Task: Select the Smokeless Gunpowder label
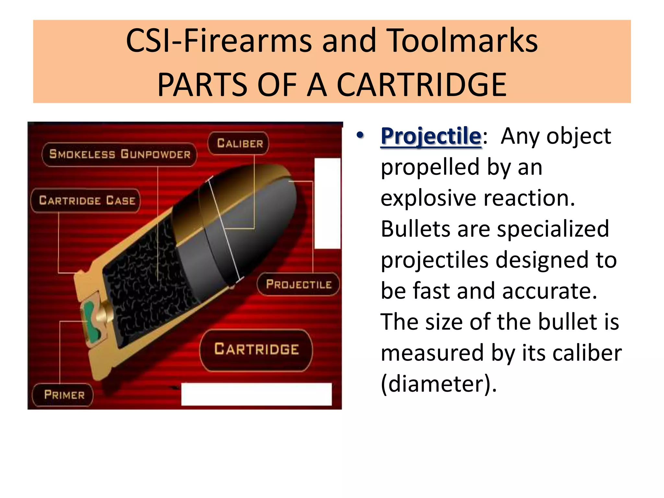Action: pyautogui.click(x=120, y=154)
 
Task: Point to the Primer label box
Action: pyautogui.click(x=64, y=395)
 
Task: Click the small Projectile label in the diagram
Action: pyautogui.click(x=298, y=284)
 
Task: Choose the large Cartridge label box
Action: pyautogui.click(x=256, y=350)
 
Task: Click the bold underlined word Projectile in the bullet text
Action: pyautogui.click(x=431, y=136)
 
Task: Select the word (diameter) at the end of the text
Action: pyautogui.click(x=438, y=384)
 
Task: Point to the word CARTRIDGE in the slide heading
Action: pyautogui.click(x=421, y=85)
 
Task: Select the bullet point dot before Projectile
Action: pyautogui.click(x=360, y=135)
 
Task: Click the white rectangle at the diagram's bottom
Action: pyautogui.click(x=256, y=394)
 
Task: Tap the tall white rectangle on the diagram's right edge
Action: pyautogui.click(x=327, y=203)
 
